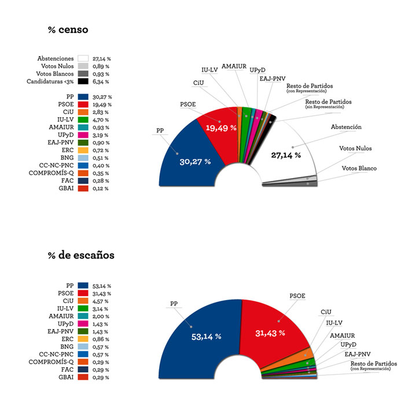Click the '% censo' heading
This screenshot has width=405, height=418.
pyautogui.click(x=68, y=30)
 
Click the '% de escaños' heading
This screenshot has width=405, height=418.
pyautogui.click(x=80, y=255)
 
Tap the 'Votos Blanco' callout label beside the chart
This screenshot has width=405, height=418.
pyautogui.click(x=359, y=168)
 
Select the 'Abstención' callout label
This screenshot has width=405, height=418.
pyautogui.click(x=346, y=127)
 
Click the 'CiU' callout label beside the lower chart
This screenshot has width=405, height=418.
pyautogui.click(x=326, y=312)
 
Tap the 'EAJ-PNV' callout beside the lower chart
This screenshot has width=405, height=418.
pyautogui.click(x=357, y=354)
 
